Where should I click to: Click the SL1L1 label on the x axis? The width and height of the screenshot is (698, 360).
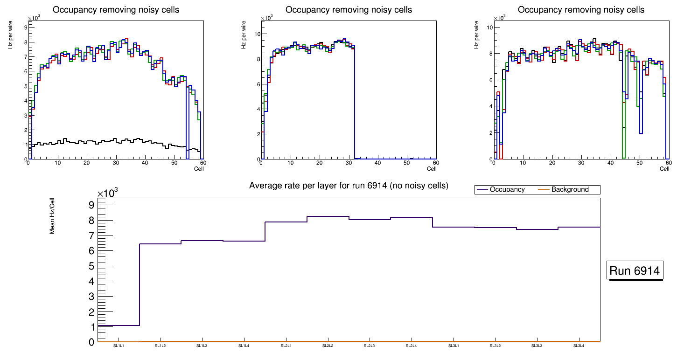point(119,346)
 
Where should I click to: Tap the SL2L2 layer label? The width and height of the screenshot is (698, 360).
point(328,346)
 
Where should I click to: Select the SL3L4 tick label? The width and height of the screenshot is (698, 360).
point(579,346)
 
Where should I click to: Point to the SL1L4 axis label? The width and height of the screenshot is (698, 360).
point(244,346)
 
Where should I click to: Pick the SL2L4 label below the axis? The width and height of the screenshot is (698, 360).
point(412,346)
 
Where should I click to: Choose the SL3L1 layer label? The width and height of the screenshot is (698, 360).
point(454,346)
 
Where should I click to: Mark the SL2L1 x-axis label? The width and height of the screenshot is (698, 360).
point(286,346)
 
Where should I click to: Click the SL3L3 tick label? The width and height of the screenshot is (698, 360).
point(537,346)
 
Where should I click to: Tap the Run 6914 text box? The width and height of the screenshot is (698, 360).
point(635,271)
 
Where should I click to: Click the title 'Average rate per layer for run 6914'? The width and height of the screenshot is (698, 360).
point(349,186)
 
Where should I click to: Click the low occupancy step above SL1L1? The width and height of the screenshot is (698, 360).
point(119,325)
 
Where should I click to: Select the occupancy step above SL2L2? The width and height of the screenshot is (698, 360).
point(328,216)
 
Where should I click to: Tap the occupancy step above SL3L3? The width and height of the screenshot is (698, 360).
point(537,229)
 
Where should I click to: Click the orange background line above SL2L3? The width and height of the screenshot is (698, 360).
point(370,341)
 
